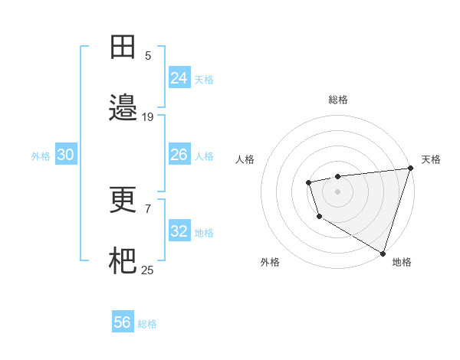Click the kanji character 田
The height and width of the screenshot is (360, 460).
[123, 47]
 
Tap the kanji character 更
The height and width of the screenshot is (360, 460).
[123, 201]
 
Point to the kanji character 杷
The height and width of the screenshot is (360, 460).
[123, 261]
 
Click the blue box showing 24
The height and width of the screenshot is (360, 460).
[179, 78]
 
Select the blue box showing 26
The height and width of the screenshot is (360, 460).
[179, 155]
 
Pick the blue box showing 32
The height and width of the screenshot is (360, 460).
[179, 231]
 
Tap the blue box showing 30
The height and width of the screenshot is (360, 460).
[66, 155]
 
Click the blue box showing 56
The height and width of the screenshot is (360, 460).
[123, 322]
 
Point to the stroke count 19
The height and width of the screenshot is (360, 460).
[148, 117]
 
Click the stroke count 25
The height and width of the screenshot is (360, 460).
[148, 270]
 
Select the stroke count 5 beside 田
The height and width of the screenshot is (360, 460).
[148, 55]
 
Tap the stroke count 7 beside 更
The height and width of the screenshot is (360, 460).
[148, 208]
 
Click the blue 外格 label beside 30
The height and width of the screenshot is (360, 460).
[41, 155]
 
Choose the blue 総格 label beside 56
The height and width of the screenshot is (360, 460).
[147, 324]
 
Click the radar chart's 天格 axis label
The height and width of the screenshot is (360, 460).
[431, 159]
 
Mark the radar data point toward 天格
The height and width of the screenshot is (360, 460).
[410, 169]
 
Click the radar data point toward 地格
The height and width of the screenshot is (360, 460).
[383, 253]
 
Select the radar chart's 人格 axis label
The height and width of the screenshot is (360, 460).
[245, 159]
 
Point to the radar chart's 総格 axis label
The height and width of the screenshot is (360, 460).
[338, 100]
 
